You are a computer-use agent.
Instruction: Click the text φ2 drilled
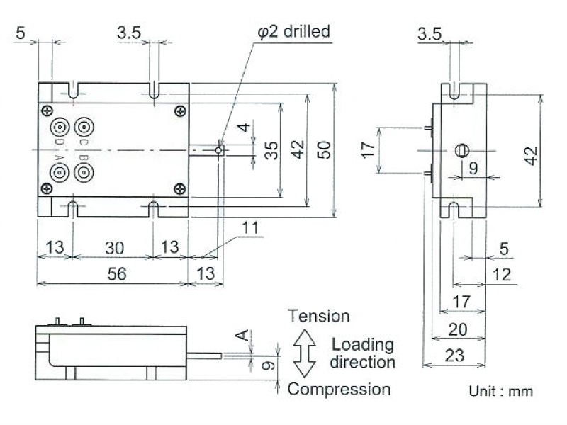(x=293, y=31)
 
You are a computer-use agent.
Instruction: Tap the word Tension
(x=318, y=316)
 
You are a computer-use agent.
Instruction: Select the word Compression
(x=339, y=390)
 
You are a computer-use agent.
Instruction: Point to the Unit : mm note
(x=501, y=391)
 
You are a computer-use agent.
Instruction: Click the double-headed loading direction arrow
(x=305, y=353)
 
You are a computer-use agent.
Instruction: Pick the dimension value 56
(x=117, y=273)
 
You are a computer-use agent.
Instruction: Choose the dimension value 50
(x=324, y=149)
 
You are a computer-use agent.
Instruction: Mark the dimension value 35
(x=271, y=150)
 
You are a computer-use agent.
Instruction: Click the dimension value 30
(x=115, y=248)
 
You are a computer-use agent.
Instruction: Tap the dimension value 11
(x=250, y=228)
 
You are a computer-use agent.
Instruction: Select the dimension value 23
(x=454, y=356)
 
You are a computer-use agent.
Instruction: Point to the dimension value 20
(x=458, y=329)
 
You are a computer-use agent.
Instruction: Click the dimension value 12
(x=502, y=275)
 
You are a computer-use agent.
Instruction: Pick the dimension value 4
(x=244, y=127)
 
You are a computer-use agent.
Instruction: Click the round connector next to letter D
(x=60, y=127)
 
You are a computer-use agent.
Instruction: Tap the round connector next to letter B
(x=84, y=172)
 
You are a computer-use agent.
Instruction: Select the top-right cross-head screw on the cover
(x=180, y=111)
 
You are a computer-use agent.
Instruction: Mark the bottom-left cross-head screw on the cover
(x=47, y=188)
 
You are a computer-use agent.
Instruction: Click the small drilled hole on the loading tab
(x=218, y=149)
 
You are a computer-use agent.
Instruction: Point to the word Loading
(x=363, y=345)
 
